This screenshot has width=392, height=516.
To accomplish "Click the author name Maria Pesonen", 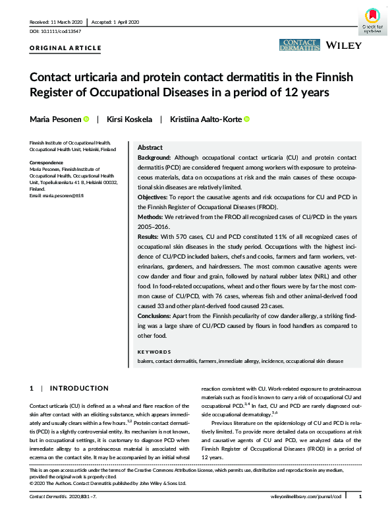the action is click(55, 119).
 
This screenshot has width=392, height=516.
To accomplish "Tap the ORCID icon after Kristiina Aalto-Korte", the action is click(247, 119).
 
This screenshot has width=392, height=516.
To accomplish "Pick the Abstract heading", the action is click(152, 148).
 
